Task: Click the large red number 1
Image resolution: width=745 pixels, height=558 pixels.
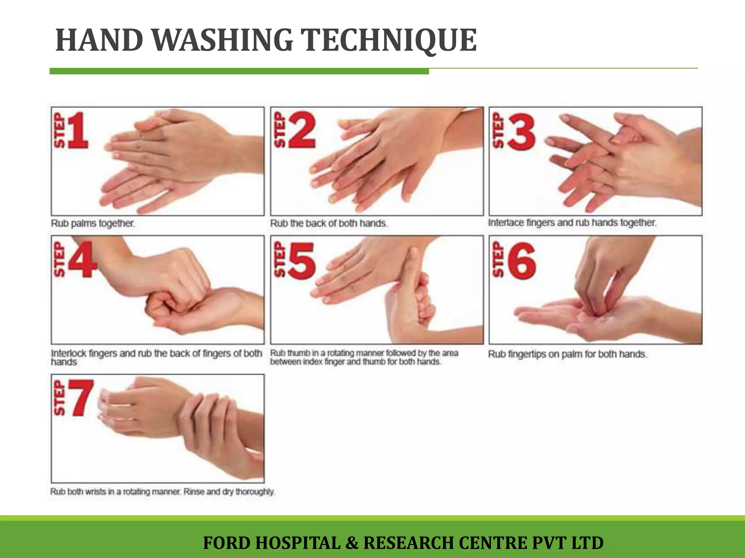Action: [77, 130]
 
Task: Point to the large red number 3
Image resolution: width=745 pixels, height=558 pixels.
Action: [522, 132]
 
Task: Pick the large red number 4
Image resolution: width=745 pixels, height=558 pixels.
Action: [83, 259]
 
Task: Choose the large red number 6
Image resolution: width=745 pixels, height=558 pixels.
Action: [522, 261]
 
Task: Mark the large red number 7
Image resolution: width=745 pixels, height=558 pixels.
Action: [82, 397]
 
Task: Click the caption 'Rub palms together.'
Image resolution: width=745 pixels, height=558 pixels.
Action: [93, 223]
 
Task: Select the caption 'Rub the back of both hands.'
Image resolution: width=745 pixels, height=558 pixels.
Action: [329, 223]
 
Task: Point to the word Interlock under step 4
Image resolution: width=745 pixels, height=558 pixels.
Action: [68, 353]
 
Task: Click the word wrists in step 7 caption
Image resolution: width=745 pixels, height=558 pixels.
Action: [96, 492]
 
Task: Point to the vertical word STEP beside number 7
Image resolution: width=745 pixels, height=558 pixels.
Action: [59, 397]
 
